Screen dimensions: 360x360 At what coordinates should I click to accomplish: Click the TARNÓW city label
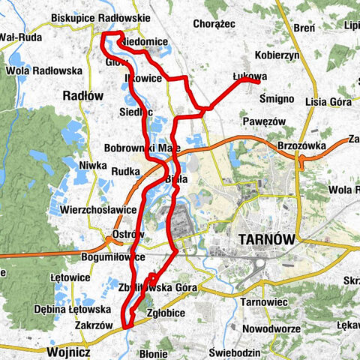[x=266, y=238]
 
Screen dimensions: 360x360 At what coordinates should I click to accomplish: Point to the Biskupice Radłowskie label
[x=101, y=17]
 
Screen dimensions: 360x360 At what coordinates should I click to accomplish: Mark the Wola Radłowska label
[x=43, y=71]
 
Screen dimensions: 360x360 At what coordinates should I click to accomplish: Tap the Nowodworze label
[x=271, y=328]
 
